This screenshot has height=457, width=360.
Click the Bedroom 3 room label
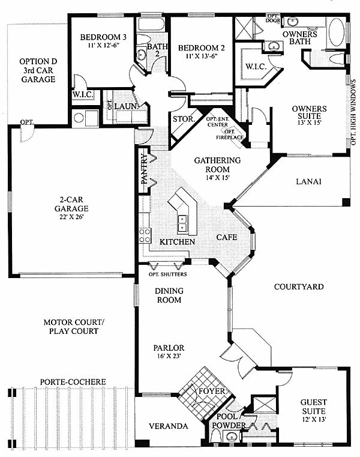103,37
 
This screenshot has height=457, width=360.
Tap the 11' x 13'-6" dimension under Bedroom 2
201,56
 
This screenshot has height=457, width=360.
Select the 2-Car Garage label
71,204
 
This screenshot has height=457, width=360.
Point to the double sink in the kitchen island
183,223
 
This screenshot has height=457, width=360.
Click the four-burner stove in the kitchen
145,235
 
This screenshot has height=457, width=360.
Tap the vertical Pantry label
145,169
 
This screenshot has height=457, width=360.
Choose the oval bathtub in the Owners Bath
337,32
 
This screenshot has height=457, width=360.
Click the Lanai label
309,181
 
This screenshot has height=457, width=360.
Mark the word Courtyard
299,287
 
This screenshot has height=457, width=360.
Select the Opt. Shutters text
167,274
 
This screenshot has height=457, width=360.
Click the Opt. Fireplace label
230,135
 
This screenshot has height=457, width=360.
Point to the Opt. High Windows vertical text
353,112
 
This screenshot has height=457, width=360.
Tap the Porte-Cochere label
73,382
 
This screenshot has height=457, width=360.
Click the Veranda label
169,426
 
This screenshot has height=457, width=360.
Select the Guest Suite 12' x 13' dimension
314,420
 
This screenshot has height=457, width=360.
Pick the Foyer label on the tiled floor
212,391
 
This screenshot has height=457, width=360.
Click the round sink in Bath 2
142,55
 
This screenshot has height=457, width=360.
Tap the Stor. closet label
184,119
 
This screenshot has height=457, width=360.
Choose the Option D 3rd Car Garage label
38,70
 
